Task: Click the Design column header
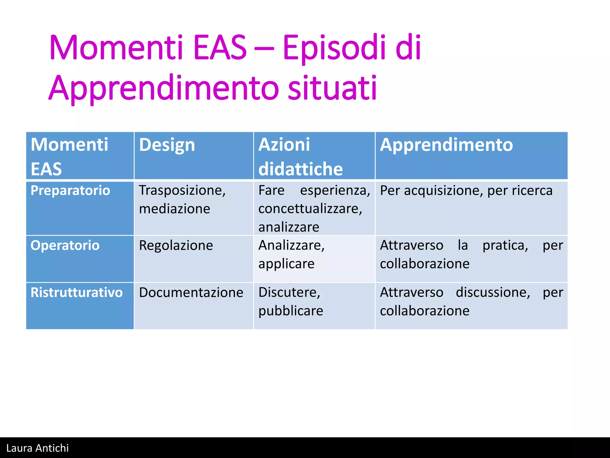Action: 167,145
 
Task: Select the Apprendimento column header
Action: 446,145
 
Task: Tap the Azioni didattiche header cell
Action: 300,157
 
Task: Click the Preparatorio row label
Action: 70,191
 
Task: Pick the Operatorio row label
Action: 65,245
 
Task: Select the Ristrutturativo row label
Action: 77,293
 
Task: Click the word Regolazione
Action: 176,246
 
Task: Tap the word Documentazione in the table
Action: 191,293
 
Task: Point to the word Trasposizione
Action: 182,191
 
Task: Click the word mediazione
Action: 175,209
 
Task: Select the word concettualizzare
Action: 310,209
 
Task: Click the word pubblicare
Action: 291,311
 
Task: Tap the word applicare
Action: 286,264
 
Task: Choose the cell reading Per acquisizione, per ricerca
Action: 466,191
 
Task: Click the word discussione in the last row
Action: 493,293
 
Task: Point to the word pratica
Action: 505,246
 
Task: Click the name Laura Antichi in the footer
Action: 38,448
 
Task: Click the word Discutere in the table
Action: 289,293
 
